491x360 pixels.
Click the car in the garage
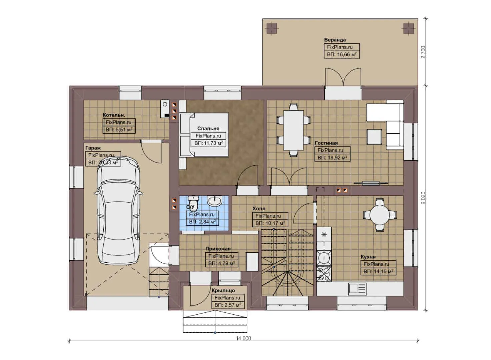(x=118, y=213)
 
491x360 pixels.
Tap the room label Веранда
(x=335, y=40)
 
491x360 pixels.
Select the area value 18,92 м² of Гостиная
(x=332, y=158)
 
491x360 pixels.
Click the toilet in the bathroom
(x=193, y=202)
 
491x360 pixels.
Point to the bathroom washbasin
(x=214, y=201)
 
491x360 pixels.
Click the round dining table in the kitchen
(x=379, y=215)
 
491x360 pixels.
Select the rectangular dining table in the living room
(x=293, y=130)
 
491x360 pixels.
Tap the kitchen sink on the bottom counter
(x=357, y=288)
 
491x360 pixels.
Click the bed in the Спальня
(x=204, y=135)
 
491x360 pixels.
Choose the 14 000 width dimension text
(x=244, y=338)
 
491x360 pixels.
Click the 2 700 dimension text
(x=423, y=52)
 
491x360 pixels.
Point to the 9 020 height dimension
(x=423, y=198)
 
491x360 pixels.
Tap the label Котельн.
(x=114, y=115)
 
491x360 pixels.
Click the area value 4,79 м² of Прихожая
(x=222, y=264)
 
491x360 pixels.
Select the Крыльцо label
(x=223, y=291)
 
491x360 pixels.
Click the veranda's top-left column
(x=272, y=28)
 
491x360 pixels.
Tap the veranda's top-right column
(x=408, y=28)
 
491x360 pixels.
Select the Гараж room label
(x=93, y=148)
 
